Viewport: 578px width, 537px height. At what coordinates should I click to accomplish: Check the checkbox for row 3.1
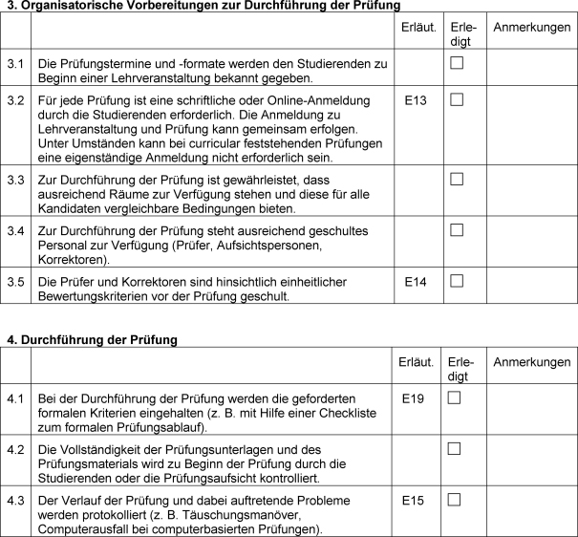(456, 63)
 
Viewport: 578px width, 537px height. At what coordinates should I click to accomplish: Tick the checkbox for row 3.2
(456, 99)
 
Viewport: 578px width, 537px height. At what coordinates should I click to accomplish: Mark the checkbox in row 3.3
(456, 178)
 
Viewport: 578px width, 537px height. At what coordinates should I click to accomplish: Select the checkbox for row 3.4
(456, 229)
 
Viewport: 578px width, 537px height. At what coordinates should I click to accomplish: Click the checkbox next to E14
(456, 281)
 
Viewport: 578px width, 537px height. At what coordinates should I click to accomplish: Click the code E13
(415, 100)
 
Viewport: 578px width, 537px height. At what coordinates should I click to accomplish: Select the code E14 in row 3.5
(415, 282)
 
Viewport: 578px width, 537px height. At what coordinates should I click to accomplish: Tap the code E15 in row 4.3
(413, 500)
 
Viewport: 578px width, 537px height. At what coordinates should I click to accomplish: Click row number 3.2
(14, 100)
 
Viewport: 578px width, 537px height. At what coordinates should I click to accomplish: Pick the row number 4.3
(14, 500)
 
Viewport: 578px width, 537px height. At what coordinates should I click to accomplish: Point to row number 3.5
(14, 282)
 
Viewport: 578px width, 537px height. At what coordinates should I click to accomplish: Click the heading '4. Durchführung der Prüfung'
(93, 339)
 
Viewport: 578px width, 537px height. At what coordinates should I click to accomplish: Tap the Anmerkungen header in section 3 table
(531, 28)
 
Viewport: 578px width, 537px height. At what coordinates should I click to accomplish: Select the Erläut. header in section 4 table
(417, 362)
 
